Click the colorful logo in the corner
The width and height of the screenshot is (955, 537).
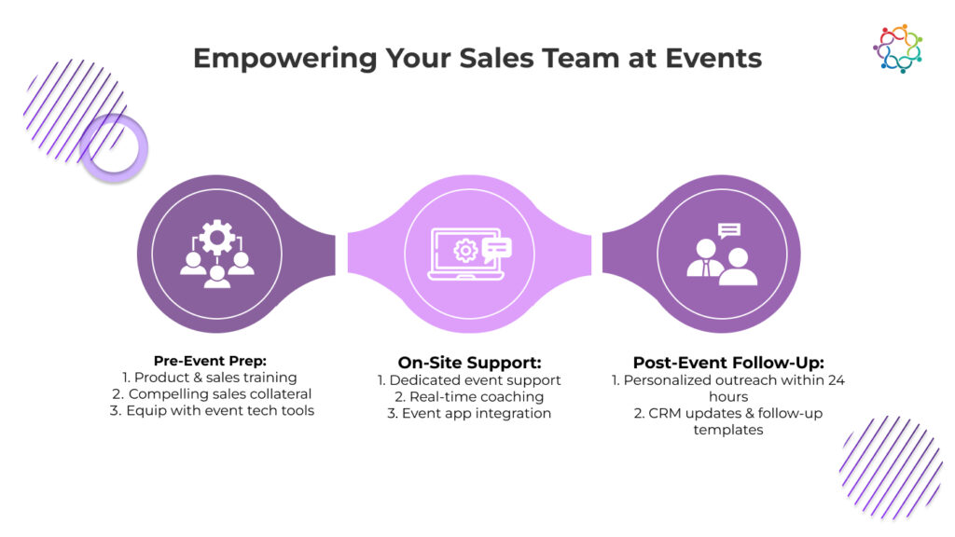897,48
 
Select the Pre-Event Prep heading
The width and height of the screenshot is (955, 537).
211,361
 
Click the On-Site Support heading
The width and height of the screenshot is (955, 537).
469,362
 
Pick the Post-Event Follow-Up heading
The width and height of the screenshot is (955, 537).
728,363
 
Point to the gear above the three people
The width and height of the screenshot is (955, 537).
217,238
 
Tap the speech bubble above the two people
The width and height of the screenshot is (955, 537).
729,230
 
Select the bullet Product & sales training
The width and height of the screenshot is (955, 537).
211,378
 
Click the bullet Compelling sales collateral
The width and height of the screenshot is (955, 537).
211,394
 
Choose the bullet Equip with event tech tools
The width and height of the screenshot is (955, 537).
212,411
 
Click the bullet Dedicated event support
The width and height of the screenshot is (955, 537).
469,380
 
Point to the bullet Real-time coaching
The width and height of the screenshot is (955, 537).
469,397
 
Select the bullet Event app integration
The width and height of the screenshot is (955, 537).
469,413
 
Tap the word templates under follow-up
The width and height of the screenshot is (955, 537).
728,430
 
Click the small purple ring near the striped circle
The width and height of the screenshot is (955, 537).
114,148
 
